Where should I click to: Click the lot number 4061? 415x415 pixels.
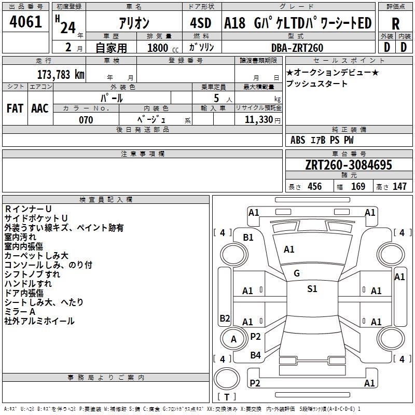pyautogui.click(x=26, y=22)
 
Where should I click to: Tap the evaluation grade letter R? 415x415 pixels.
pyautogui.click(x=395, y=24)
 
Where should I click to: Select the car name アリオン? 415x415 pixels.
pyautogui.click(x=134, y=23)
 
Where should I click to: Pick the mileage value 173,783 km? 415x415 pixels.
pyautogui.click(x=61, y=74)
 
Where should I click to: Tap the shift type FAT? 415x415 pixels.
pyautogui.click(x=15, y=108)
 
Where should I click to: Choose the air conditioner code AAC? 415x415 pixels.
pyautogui.click(x=40, y=108)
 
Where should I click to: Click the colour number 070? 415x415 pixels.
pyautogui.click(x=86, y=120)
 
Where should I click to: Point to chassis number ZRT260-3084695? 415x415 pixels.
pyautogui.click(x=348, y=165)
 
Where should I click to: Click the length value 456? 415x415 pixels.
pyautogui.click(x=314, y=187)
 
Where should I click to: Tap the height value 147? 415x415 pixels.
pyautogui.click(x=399, y=187)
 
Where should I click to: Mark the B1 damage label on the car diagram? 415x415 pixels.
pyautogui.click(x=248, y=238)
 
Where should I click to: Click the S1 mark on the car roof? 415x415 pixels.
pyautogui.click(x=312, y=289)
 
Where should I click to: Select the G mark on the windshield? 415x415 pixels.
pyautogui.click(x=297, y=273)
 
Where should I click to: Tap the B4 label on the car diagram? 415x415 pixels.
pyautogui.click(x=255, y=355)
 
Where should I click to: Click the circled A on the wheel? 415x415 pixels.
pyautogui.click(x=233, y=339)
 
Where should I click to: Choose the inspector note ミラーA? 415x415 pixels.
pyautogui.click(x=20, y=312)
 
